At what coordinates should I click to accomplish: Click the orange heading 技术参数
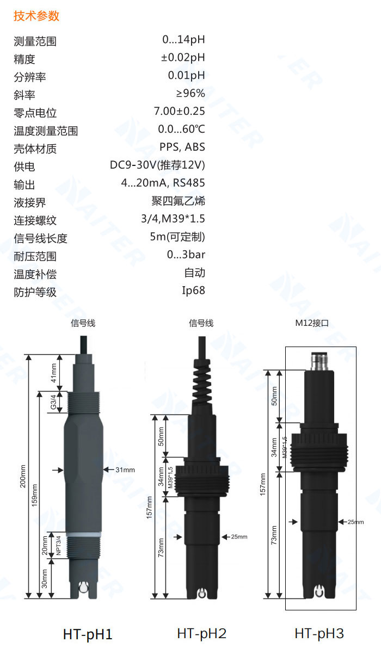coord(36,16)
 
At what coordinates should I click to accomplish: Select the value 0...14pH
coord(183,40)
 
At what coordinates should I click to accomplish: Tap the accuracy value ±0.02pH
coord(183,58)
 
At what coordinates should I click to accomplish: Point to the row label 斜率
coord(24,95)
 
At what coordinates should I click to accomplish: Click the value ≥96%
coord(190,93)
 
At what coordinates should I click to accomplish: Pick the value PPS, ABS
coord(182,147)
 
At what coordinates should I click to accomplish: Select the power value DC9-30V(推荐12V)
coord(157,165)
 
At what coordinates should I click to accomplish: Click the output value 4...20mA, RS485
coord(163,183)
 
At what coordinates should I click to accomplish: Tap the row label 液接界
coord(29,202)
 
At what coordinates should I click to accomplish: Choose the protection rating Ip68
coord(193,291)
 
